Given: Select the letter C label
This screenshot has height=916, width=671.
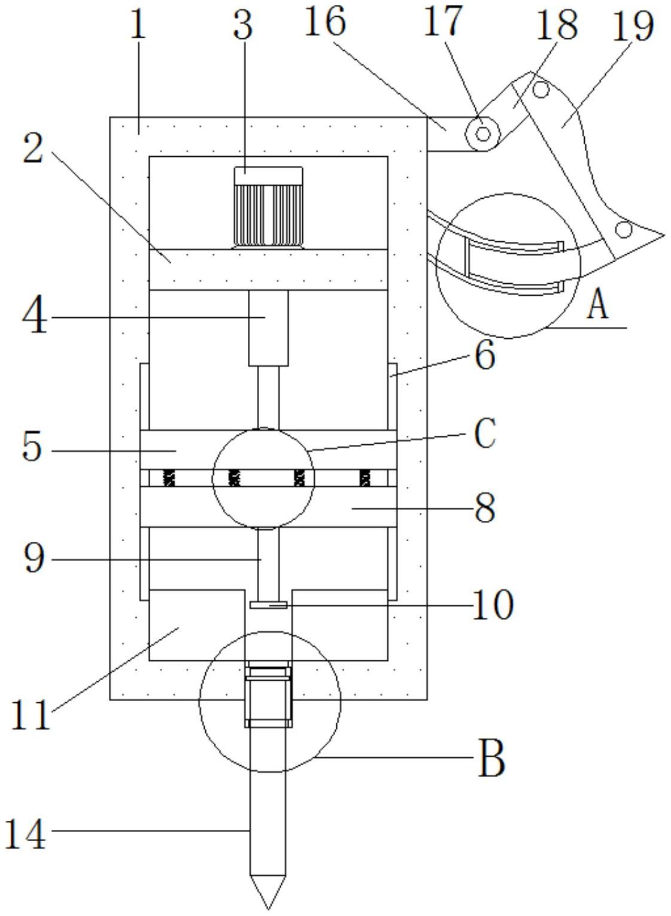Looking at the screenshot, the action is pyautogui.click(x=485, y=433).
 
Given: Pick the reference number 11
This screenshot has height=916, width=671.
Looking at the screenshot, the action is pyautogui.click(x=31, y=714).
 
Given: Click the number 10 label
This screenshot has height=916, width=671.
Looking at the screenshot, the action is pyautogui.click(x=493, y=605).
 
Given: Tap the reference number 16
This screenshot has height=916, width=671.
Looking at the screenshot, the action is pyautogui.click(x=325, y=23).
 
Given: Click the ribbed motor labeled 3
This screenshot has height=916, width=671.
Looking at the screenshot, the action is pyautogui.click(x=268, y=207).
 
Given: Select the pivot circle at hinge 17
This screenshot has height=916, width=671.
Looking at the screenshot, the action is pyautogui.click(x=483, y=134).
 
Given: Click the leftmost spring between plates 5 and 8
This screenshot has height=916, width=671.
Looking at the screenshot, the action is pyautogui.click(x=169, y=478).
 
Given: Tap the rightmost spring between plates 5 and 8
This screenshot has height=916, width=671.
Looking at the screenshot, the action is pyautogui.click(x=365, y=478).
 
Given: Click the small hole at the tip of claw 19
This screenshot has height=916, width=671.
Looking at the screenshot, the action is pyautogui.click(x=624, y=229).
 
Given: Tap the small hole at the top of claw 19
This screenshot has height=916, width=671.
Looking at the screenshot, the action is pyautogui.click(x=541, y=90).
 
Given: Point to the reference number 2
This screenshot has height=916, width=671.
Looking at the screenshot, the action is pyautogui.click(x=33, y=149).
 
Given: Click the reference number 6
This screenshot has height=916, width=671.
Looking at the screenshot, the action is pyautogui.click(x=485, y=356).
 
